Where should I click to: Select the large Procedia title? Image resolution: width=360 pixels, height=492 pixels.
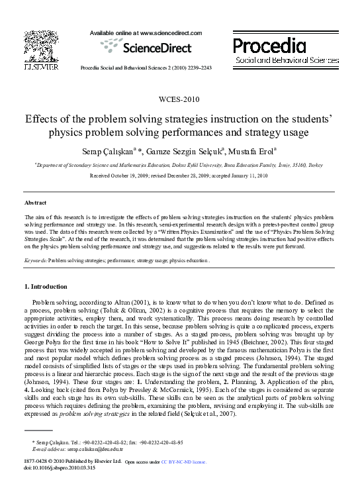(x=269, y=46)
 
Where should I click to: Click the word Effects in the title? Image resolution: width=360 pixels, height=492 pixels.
(x=24, y=121)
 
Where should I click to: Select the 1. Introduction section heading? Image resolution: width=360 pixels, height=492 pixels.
(x=46, y=287)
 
